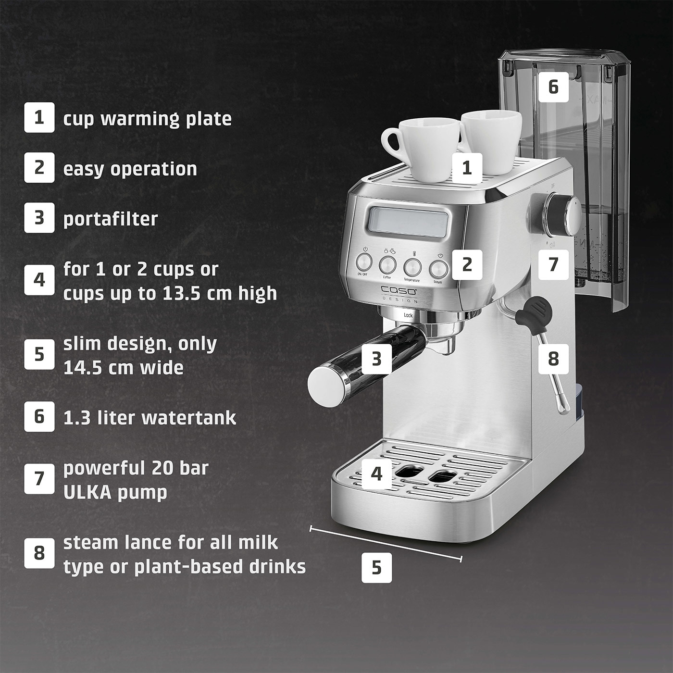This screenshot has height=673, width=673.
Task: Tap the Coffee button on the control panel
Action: pos(387,265)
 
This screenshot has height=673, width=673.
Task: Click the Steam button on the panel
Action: pos(438,269)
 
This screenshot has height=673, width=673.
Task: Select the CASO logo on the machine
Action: pos(399,291)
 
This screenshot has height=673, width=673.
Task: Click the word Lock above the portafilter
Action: pos(408,315)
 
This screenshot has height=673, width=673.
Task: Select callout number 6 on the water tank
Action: pos(554,87)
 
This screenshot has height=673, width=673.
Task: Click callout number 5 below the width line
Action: pos(376,568)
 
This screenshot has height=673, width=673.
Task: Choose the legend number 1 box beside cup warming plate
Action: pos(39,117)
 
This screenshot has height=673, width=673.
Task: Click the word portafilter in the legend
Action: pos(111,219)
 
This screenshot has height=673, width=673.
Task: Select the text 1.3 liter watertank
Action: pos(150,417)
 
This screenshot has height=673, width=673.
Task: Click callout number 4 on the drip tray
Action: pos(376,474)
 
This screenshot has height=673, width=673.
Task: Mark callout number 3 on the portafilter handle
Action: pos(376,359)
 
